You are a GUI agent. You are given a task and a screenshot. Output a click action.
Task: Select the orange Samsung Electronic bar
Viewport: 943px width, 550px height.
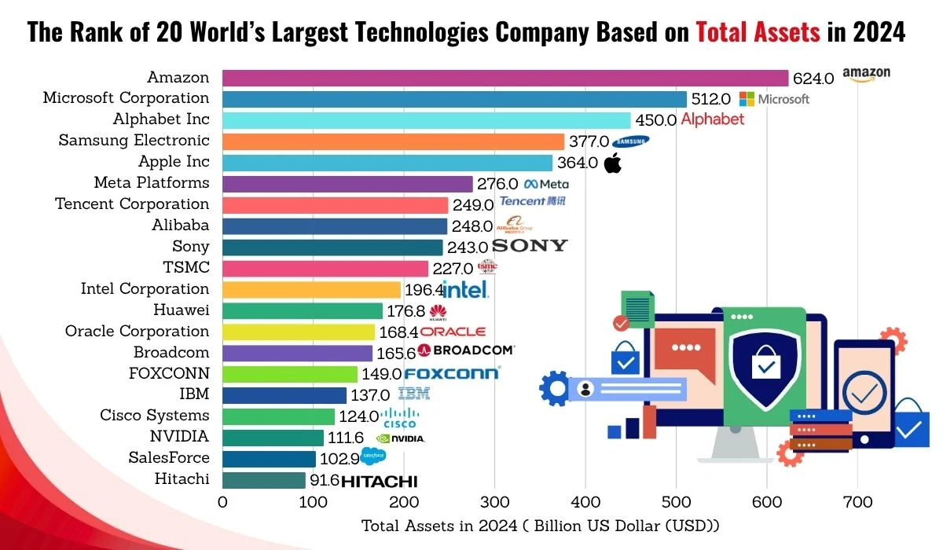(x=393, y=141)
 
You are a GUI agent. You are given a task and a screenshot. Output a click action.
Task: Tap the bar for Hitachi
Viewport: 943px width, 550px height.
(x=264, y=480)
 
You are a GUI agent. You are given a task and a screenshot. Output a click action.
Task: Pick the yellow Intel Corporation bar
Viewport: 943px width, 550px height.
(x=311, y=289)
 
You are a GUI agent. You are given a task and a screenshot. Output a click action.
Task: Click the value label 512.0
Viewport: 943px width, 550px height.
(x=710, y=99)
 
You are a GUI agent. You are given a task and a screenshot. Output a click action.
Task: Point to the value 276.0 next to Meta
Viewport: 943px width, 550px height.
(x=497, y=184)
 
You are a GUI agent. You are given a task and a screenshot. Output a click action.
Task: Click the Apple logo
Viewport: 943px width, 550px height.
(x=613, y=163)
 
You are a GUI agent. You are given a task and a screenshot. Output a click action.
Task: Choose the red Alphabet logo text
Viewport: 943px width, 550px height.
(x=712, y=119)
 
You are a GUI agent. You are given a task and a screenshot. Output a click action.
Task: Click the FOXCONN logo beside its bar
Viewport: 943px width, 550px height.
(x=451, y=373)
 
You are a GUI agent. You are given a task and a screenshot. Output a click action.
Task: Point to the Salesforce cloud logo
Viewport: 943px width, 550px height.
(x=373, y=456)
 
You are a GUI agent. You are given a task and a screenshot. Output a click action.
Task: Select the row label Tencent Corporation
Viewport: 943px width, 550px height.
(x=132, y=204)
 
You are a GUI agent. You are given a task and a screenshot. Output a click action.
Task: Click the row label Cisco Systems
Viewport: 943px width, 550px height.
(x=155, y=416)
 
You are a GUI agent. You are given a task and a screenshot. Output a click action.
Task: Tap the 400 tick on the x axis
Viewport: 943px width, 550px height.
(x=585, y=502)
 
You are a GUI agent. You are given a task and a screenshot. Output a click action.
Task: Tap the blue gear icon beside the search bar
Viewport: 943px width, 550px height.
(x=556, y=388)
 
